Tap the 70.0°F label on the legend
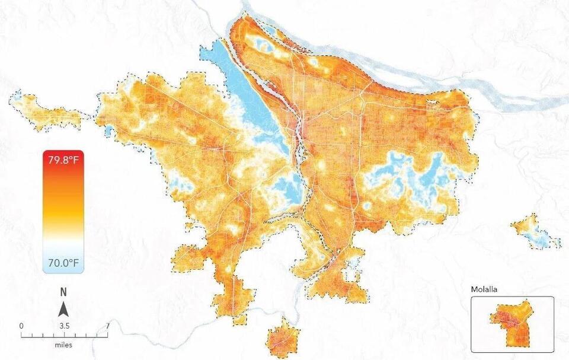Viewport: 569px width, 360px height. (63, 262)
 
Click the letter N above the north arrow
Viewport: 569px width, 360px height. (63, 292)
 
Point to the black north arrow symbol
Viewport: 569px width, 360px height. (63, 308)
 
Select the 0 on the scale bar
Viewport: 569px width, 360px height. (21, 326)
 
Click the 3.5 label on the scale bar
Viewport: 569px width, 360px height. (64, 326)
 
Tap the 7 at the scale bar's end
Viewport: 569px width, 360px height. (107, 326)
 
